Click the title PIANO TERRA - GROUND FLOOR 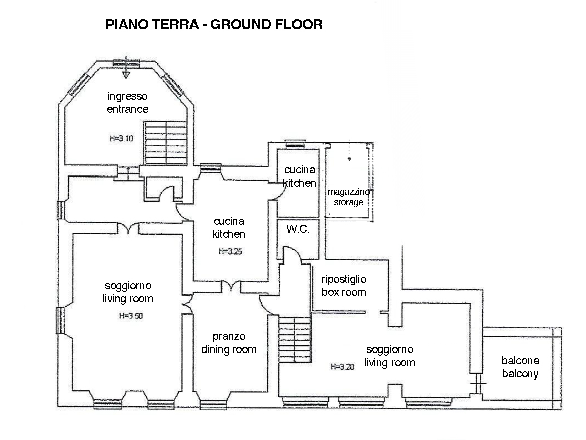[214, 24]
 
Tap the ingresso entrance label [128, 103]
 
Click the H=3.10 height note [121, 138]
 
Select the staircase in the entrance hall [166, 143]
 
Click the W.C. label [298, 229]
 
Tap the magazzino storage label [349, 197]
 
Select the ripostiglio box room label [344, 285]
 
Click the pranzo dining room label [229, 343]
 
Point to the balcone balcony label [520, 367]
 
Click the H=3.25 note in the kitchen [230, 251]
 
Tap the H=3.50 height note [131, 316]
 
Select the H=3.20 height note [342, 367]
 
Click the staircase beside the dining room [295, 339]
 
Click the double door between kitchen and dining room [231, 287]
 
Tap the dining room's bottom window [213, 405]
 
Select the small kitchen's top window [295, 144]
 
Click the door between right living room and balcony [477, 384]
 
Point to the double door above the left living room [128, 228]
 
